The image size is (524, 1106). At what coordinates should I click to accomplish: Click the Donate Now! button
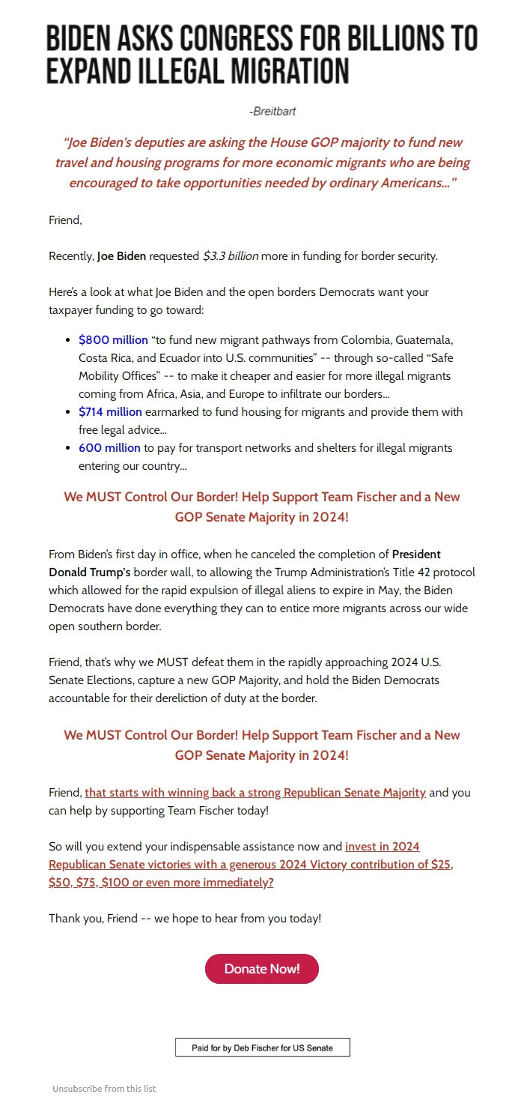(x=261, y=969)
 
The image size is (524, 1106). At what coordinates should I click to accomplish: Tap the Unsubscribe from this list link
(x=104, y=1089)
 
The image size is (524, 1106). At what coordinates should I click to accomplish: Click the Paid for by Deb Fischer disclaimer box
(x=262, y=1048)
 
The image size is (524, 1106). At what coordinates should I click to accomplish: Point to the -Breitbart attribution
(x=272, y=112)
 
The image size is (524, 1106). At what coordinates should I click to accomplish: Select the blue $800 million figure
(x=113, y=340)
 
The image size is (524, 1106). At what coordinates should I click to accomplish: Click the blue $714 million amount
(x=110, y=412)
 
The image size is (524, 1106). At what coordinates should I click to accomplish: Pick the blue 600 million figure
(x=109, y=448)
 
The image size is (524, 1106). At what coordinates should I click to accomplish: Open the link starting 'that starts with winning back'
(x=255, y=793)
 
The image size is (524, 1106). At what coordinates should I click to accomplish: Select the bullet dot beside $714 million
(x=69, y=412)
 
